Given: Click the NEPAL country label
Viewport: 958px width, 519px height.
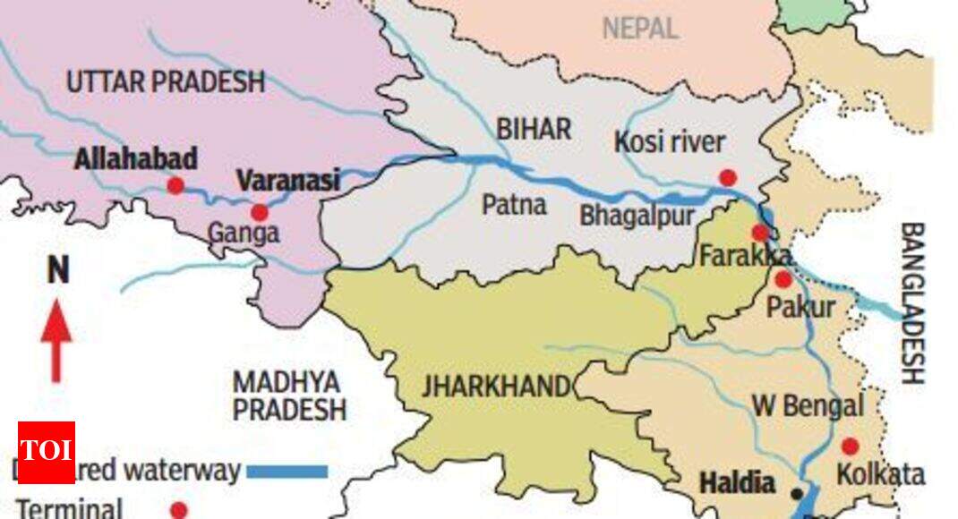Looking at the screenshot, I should pyautogui.click(x=640, y=28).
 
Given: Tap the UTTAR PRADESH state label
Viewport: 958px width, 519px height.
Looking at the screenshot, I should pyautogui.click(x=166, y=81).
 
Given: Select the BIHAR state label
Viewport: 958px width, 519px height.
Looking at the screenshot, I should pyautogui.click(x=534, y=129).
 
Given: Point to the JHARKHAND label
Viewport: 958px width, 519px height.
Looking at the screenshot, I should pyautogui.click(x=496, y=387).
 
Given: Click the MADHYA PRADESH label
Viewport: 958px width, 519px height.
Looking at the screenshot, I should pyautogui.click(x=289, y=396).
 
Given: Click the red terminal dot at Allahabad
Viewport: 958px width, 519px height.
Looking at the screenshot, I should pyautogui.click(x=175, y=185).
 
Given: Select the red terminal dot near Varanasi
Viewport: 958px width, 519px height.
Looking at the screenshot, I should pyautogui.click(x=259, y=212).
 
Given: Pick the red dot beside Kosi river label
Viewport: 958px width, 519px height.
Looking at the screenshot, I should pyautogui.click(x=728, y=176).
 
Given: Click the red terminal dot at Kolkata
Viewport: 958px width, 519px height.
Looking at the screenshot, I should pyautogui.click(x=850, y=446).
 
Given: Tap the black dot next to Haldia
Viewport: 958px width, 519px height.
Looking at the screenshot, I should pyautogui.click(x=797, y=493).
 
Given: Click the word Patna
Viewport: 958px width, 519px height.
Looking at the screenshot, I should pyautogui.click(x=514, y=205).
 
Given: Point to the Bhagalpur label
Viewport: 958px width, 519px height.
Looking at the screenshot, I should pyautogui.click(x=637, y=216).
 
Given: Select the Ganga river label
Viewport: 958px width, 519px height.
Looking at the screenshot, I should pyautogui.click(x=244, y=234).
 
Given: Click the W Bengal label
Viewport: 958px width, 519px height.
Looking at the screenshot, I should pyautogui.click(x=807, y=406).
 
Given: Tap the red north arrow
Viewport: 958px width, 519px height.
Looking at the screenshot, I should pyautogui.click(x=56, y=340).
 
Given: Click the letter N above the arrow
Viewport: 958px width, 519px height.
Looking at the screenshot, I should pyautogui.click(x=57, y=270).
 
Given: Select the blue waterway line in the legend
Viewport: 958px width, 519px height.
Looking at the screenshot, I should pyautogui.click(x=287, y=471).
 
